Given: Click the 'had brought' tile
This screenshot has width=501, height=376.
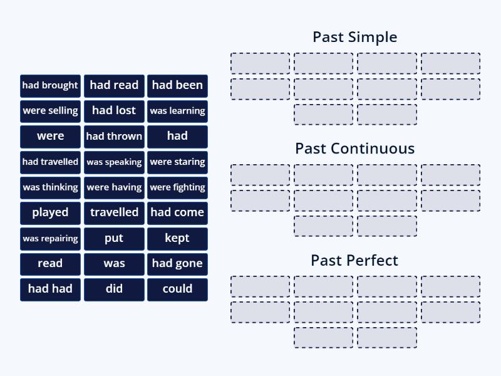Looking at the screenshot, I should click(50, 85).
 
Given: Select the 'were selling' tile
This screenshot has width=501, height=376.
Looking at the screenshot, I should click(50, 111).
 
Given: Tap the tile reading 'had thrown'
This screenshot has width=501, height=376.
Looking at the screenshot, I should click(114, 136).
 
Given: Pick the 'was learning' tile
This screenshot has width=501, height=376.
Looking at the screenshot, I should click(177, 111).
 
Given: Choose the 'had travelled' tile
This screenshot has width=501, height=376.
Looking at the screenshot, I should click(50, 162).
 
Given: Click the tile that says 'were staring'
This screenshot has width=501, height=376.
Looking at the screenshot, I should click(177, 162).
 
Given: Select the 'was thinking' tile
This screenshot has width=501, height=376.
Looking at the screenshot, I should click(50, 187).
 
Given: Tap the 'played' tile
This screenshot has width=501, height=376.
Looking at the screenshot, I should click(50, 212).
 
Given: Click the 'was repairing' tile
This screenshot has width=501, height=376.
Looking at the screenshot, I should click(50, 238).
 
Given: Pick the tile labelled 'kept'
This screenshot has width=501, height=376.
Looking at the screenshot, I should click(177, 238).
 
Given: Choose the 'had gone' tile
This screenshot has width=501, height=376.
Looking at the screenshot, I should click(177, 264).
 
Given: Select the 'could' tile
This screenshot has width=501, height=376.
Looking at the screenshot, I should click(177, 289).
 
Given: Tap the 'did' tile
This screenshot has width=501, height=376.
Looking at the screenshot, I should click(114, 289).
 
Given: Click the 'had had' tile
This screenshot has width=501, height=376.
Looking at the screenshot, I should click(50, 289).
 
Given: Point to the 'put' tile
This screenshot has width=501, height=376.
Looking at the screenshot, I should click(114, 238).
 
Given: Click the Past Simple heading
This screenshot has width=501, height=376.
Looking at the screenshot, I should click(354, 37).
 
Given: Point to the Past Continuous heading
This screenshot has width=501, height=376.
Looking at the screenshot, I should click(354, 149).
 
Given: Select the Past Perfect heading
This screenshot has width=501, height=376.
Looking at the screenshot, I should click(354, 260).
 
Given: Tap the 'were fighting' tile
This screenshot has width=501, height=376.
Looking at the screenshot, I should click(177, 187).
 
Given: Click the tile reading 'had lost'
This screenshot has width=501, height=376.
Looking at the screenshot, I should click(114, 111).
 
